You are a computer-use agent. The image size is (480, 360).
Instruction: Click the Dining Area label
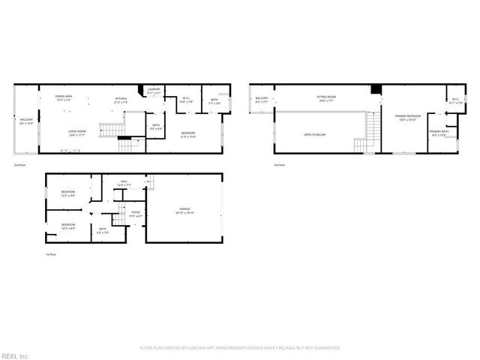pyautogui.click(x=63, y=97)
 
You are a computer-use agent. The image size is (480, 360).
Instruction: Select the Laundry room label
pyautogui.click(x=154, y=90)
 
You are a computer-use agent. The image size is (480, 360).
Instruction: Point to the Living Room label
pyautogui.click(x=76, y=132)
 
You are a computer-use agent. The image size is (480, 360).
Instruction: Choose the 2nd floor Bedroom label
pyautogui.click(x=188, y=134)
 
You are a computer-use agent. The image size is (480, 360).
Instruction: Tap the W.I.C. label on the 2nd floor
pyautogui.click(x=188, y=99)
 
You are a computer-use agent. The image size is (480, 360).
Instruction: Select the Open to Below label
pyautogui.click(x=314, y=134)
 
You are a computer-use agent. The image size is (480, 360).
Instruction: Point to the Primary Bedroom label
pyautogui.click(x=408, y=117)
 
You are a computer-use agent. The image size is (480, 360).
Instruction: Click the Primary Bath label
pyautogui.click(x=438, y=133)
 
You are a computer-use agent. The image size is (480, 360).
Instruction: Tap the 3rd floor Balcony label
pyautogui.click(x=261, y=100)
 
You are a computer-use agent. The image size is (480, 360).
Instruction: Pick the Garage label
pyautogui.click(x=184, y=210)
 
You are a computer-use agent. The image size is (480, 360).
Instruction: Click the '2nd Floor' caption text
pyautogui.click(x=20, y=164)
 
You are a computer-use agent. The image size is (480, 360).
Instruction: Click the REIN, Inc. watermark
pyautogui.click(x=15, y=355)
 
